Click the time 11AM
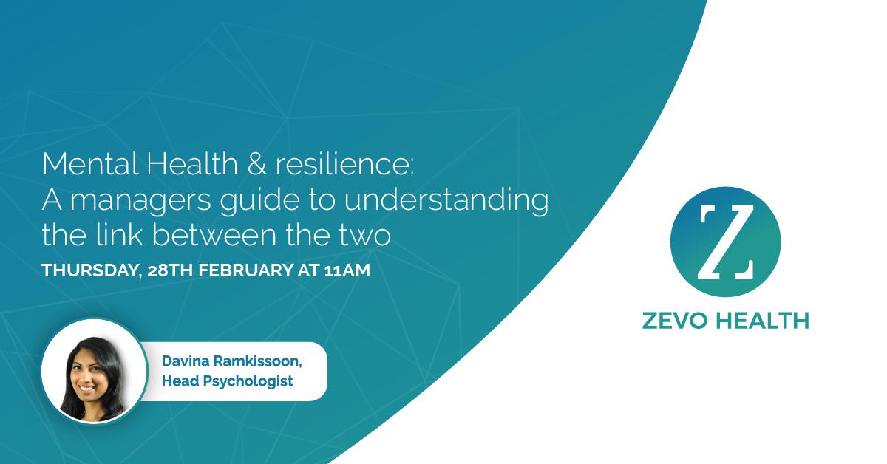(x=347, y=271)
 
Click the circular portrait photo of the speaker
(x=94, y=370)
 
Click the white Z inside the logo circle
(x=724, y=242)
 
